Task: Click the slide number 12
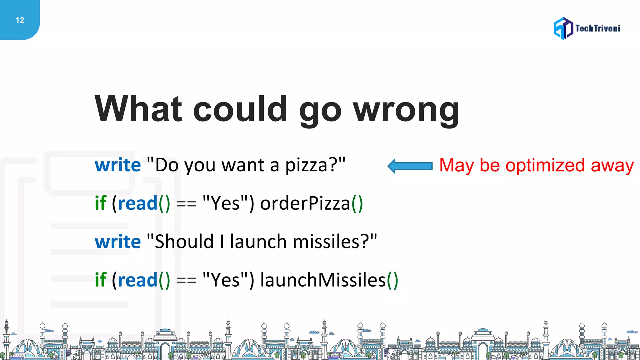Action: (20, 20)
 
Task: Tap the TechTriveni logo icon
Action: (563, 28)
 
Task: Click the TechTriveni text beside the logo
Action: (597, 28)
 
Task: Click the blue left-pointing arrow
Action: (410, 166)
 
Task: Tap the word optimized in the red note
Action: (545, 165)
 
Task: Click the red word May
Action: (456, 165)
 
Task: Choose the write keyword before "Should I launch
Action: (118, 242)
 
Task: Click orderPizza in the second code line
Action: (305, 203)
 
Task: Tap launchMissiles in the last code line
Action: (323, 280)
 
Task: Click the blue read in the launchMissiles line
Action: (137, 280)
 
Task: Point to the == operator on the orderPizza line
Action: (186, 204)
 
